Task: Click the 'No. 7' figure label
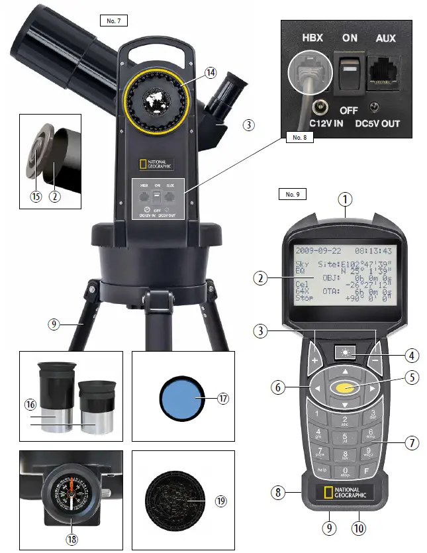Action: coord(113,21)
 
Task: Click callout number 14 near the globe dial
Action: coord(210,74)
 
